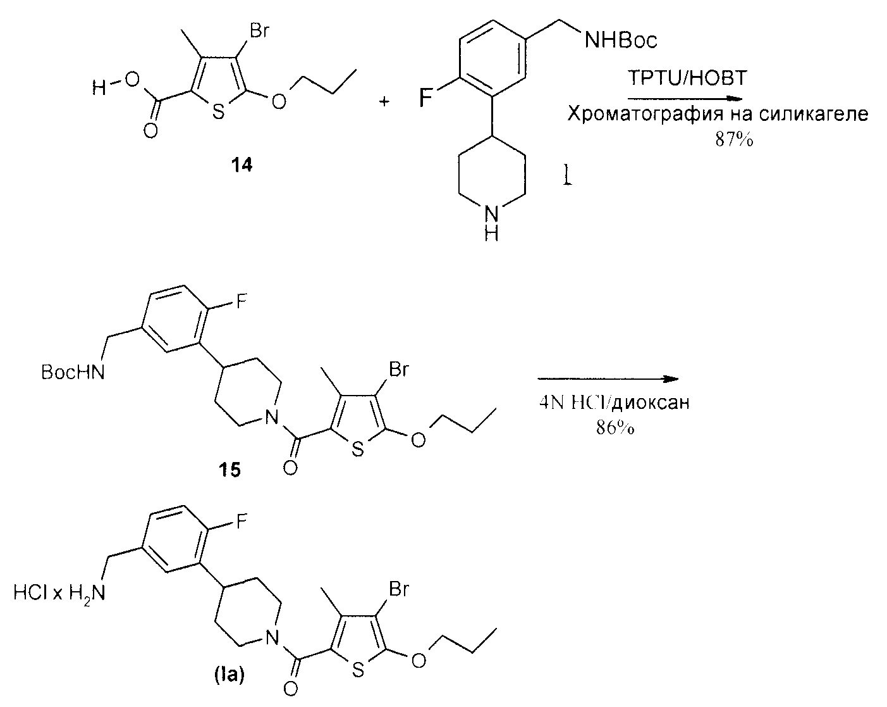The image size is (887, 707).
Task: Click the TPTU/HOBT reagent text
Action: [x=687, y=78]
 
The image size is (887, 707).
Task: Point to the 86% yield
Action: [x=615, y=428]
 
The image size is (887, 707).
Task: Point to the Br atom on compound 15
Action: [x=398, y=369]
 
